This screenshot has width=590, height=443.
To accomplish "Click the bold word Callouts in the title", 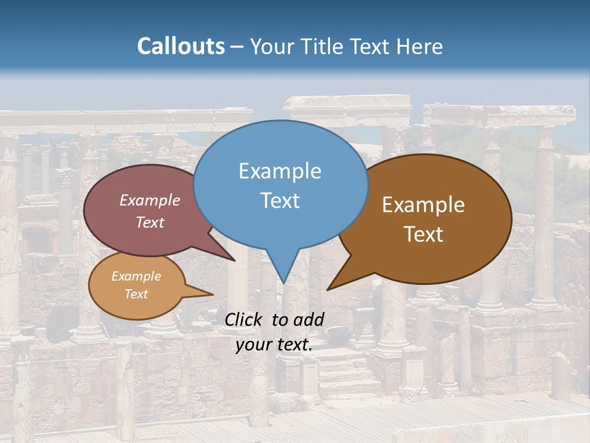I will [x=181, y=46].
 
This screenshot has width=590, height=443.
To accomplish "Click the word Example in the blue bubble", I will [x=280, y=171].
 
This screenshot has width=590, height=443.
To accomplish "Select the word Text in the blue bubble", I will [x=280, y=201].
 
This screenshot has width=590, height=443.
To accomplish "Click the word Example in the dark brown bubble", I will [x=423, y=205].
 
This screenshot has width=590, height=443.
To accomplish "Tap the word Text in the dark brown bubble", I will [x=423, y=234].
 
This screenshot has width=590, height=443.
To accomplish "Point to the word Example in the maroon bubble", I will [x=150, y=200].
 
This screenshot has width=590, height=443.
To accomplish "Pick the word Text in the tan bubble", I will [x=136, y=294].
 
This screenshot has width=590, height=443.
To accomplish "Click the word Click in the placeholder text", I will [x=243, y=319].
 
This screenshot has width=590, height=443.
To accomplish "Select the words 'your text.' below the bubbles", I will [x=274, y=345].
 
